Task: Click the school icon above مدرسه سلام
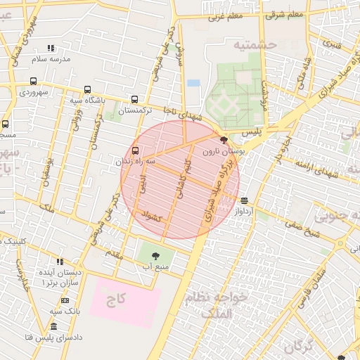coord(50,49)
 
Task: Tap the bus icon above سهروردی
coord(34,81)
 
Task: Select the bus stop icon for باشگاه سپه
coord(87,89)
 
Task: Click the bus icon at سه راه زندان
coord(135,150)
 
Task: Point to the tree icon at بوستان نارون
coord(224,140)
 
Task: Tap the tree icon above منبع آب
coord(155,256)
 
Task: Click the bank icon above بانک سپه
coord(65,300)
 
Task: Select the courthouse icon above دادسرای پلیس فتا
coord(54,326)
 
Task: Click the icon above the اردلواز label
coord(244,200)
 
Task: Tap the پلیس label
coord(251,131)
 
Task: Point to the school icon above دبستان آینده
coord(60,262)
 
